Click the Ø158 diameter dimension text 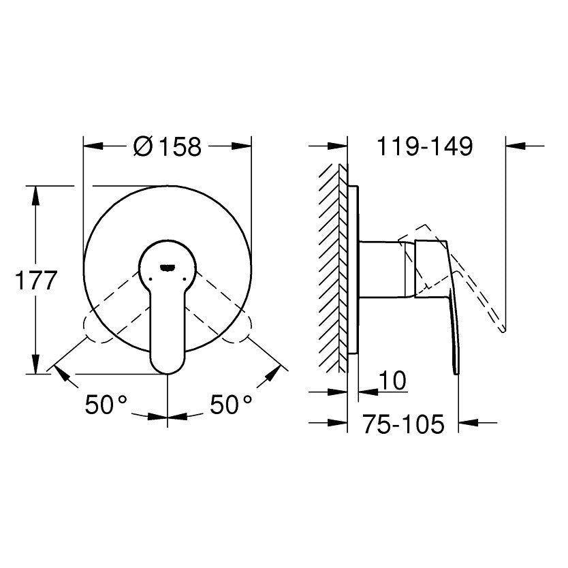click(167, 146)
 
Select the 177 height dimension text click(36, 281)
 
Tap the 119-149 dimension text click(425, 146)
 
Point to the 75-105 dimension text click(403, 424)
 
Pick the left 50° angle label click(106, 405)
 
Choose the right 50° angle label click(231, 405)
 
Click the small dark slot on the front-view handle click(168, 268)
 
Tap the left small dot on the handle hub click(150, 279)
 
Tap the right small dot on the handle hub click(185, 279)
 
